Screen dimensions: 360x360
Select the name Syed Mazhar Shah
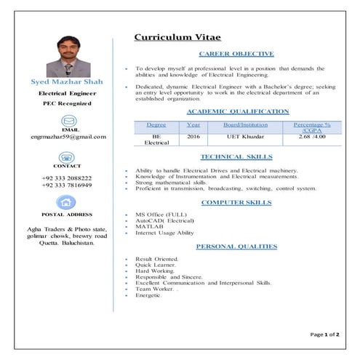(68, 83)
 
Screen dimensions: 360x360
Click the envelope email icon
(68, 120)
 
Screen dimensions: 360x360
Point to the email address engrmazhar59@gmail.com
(68, 136)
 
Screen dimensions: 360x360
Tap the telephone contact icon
(68, 159)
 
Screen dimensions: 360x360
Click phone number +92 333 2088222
(67, 178)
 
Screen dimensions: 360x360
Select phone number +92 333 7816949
(67, 185)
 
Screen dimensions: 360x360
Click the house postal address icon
(67, 204)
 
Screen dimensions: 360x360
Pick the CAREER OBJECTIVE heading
(236, 54)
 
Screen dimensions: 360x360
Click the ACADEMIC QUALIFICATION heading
(238, 111)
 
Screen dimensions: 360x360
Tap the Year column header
(193, 125)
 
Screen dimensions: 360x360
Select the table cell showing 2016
(193, 137)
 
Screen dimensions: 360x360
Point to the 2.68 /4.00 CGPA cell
(312, 137)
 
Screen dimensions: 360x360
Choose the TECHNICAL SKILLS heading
(236, 156)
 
